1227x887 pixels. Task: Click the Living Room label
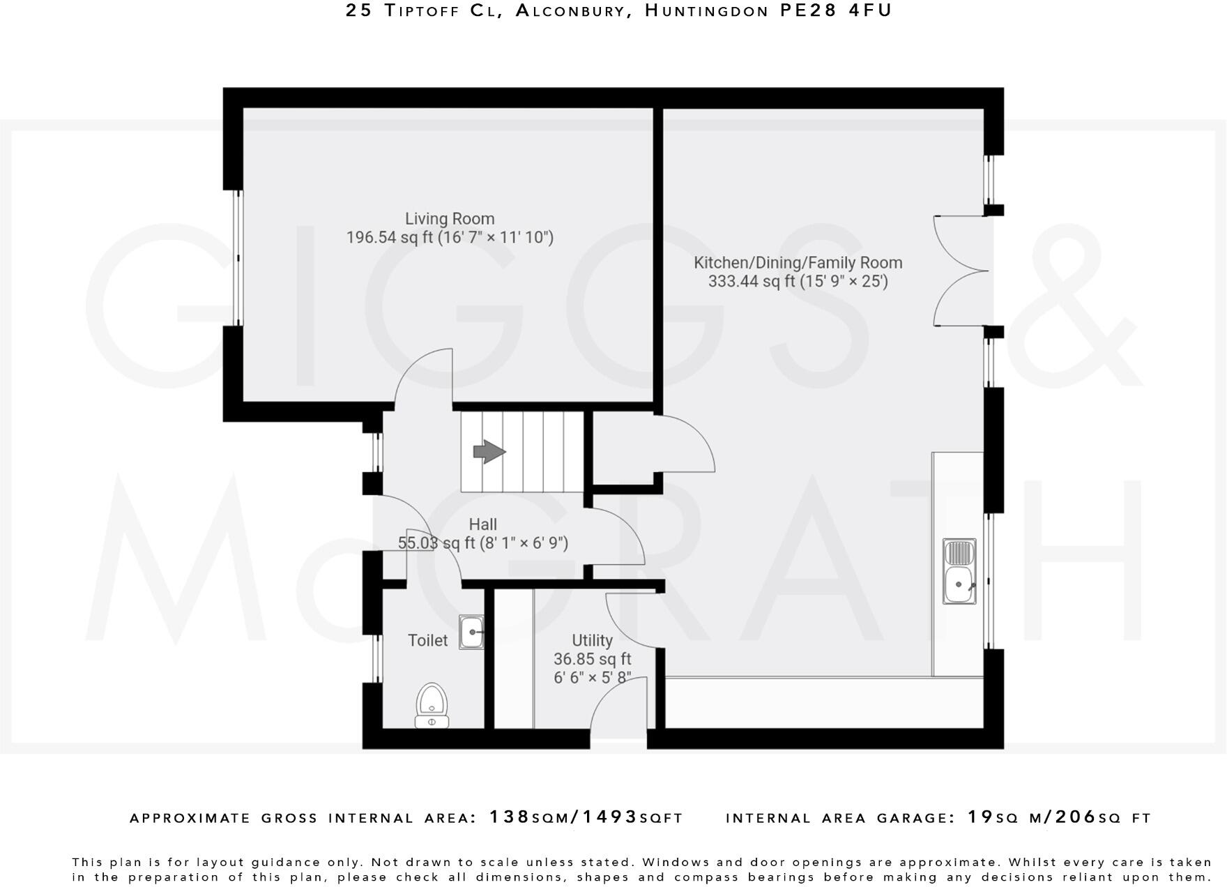450,219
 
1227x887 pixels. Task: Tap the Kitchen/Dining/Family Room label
798,263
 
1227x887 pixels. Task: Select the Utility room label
592,640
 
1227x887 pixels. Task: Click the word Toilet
427,640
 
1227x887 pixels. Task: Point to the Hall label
482,524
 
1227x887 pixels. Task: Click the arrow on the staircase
489,452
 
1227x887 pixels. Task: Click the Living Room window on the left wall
238,258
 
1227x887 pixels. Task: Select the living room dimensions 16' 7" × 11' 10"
496,238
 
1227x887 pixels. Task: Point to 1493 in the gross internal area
609,817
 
